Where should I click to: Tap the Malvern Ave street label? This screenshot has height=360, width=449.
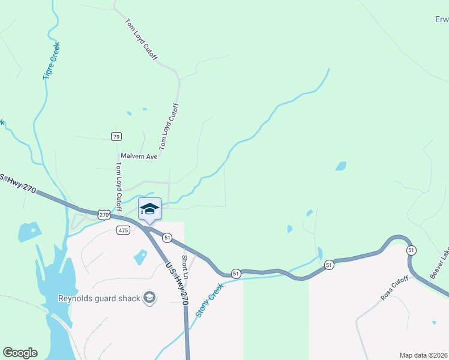tap(139, 156)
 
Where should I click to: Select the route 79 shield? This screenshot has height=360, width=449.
tap(116, 136)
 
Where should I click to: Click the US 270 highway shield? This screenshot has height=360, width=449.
tap(104, 214)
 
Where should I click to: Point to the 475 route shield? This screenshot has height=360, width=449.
tap(123, 230)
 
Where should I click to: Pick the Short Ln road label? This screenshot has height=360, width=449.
tap(185, 266)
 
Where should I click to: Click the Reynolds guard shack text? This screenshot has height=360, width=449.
tap(99, 298)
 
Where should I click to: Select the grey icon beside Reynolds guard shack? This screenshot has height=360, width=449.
tap(149, 298)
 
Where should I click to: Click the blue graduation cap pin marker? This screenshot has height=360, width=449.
tap(149, 209)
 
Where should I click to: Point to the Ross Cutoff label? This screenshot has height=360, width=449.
tap(394, 288)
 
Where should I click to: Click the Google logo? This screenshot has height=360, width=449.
tap(20, 353)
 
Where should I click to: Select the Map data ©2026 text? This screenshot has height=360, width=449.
tap(423, 355)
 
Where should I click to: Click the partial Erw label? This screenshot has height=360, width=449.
tap(442, 19)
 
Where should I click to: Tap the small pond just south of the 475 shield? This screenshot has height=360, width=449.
tap(140, 257)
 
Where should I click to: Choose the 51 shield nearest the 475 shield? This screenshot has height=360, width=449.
tap(167, 238)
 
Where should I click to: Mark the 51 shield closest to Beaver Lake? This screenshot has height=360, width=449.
tap(411, 249)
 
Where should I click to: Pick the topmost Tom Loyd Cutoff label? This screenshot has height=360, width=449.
tap(141, 40)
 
